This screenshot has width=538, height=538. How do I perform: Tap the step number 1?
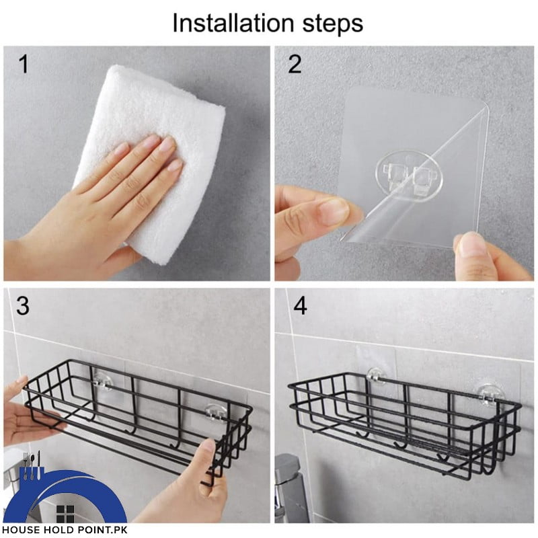pos(23,65)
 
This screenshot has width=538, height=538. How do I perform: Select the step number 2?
pos(295,65)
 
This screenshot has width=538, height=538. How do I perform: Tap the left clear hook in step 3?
pos(102,381)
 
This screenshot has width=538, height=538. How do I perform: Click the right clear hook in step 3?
pos(214,412)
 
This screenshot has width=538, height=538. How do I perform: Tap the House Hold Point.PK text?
pos(64,529)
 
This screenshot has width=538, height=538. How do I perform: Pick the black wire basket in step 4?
pos(403,417)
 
